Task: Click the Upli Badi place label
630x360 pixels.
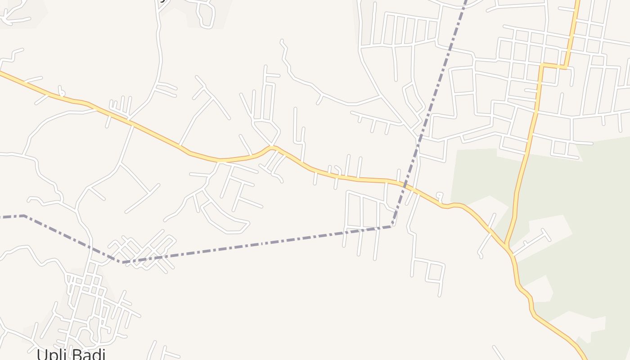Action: point(71,354)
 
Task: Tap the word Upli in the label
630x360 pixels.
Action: point(51,354)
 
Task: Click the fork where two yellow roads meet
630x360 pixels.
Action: point(507,247)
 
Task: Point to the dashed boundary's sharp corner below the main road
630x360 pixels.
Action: point(393,226)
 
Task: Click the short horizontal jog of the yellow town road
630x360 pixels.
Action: point(553,67)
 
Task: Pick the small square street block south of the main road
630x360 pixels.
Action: point(434,272)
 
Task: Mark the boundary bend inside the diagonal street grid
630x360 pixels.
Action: point(122,261)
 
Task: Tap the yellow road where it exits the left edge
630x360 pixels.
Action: point(1,72)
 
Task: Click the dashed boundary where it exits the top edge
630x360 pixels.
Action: point(466,1)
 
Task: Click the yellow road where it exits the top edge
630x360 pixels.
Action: point(577,1)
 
